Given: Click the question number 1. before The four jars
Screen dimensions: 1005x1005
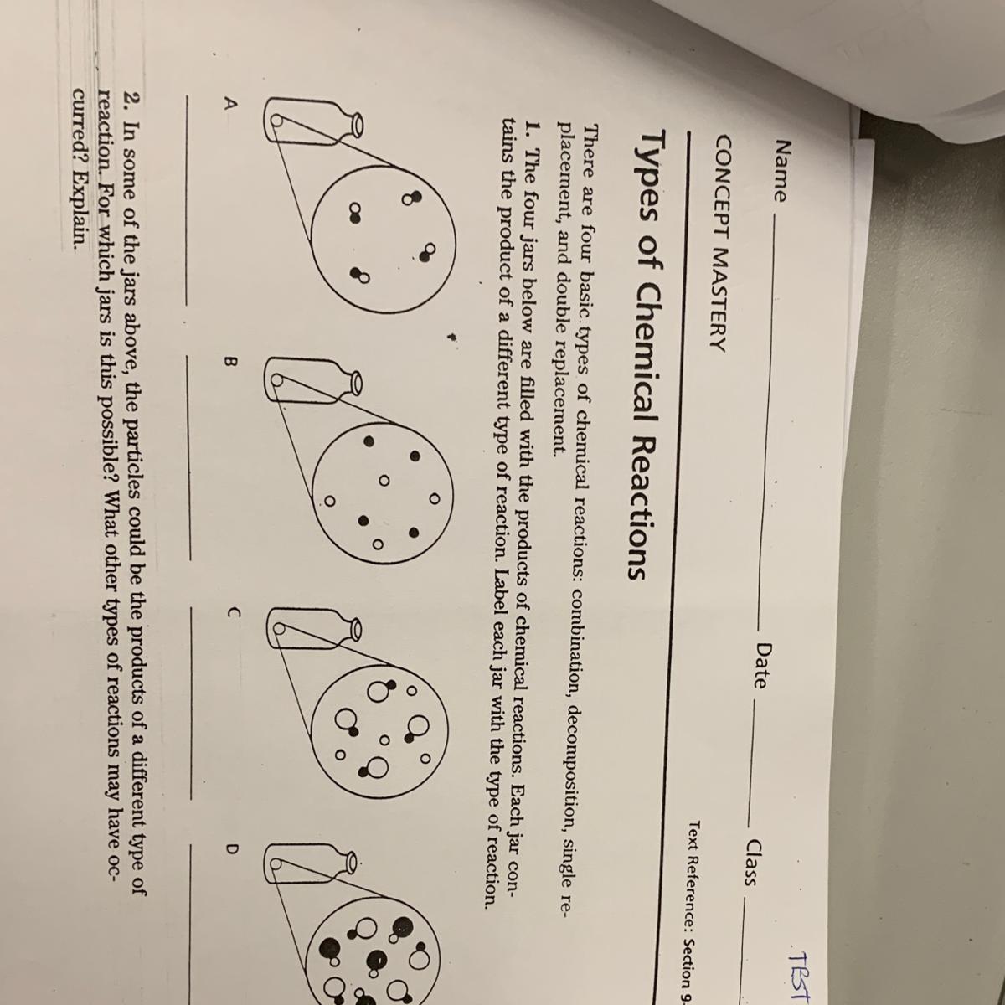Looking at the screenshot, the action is click(x=531, y=126).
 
